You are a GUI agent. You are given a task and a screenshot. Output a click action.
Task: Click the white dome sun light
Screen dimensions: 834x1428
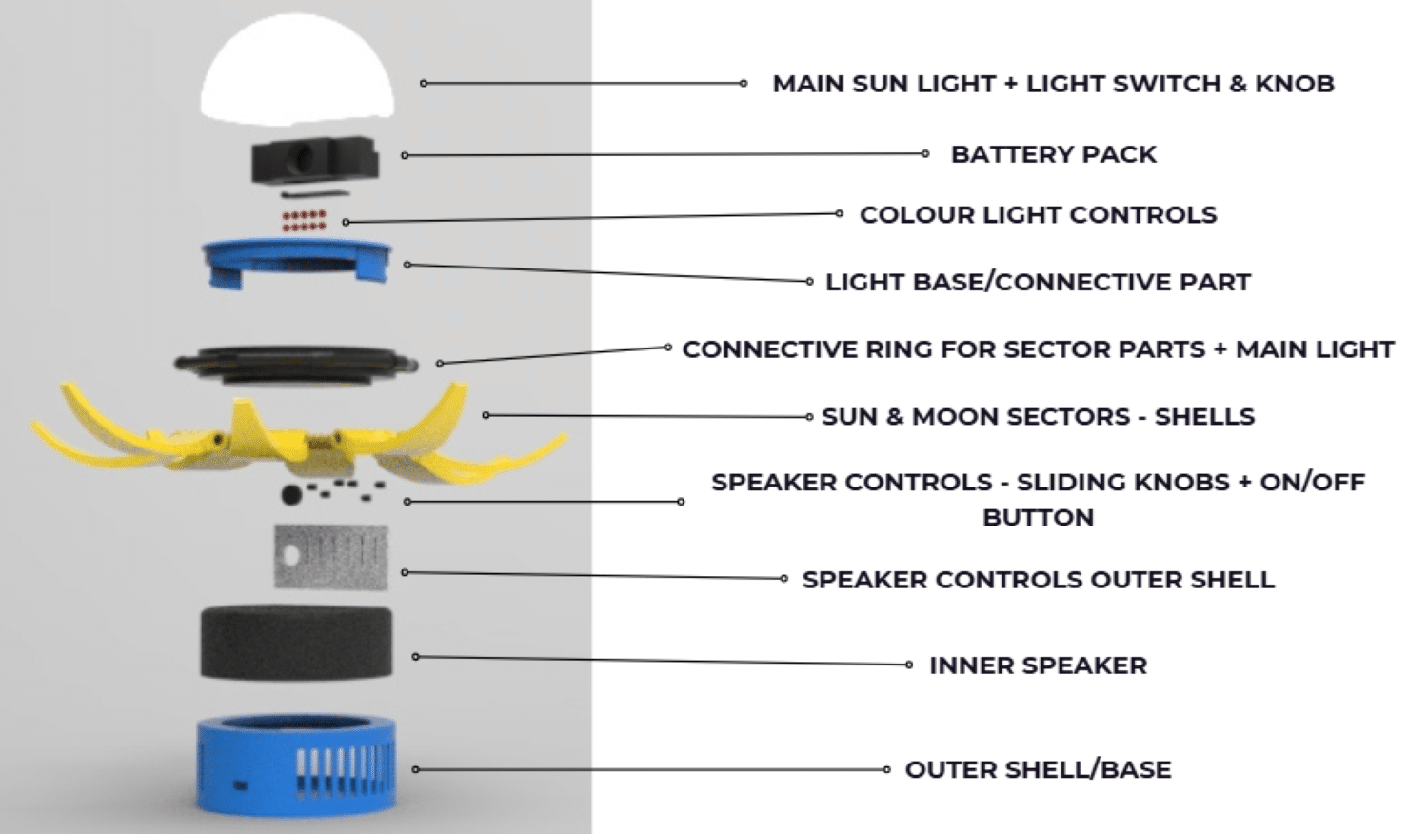tap(296, 71)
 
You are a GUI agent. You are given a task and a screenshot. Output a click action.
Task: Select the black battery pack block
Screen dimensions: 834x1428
tap(313, 159)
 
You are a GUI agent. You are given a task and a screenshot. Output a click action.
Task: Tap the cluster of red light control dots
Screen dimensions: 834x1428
tap(304, 220)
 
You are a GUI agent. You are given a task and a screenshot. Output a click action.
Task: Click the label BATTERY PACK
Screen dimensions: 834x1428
tap(1053, 154)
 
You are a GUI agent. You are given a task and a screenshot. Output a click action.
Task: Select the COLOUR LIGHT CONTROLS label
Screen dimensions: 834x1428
tap(1038, 215)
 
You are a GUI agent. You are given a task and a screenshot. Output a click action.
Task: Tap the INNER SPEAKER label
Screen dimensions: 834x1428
tap(1038, 665)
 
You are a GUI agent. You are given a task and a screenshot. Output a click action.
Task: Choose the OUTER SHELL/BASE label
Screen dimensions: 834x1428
tap(1038, 769)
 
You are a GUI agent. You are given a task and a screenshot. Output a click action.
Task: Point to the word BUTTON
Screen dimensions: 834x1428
tap(1038, 518)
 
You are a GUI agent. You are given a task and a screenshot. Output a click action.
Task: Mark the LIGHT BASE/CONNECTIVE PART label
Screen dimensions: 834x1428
tap(1038, 282)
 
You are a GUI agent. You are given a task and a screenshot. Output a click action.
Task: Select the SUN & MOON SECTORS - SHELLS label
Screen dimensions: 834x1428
tap(1038, 417)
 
